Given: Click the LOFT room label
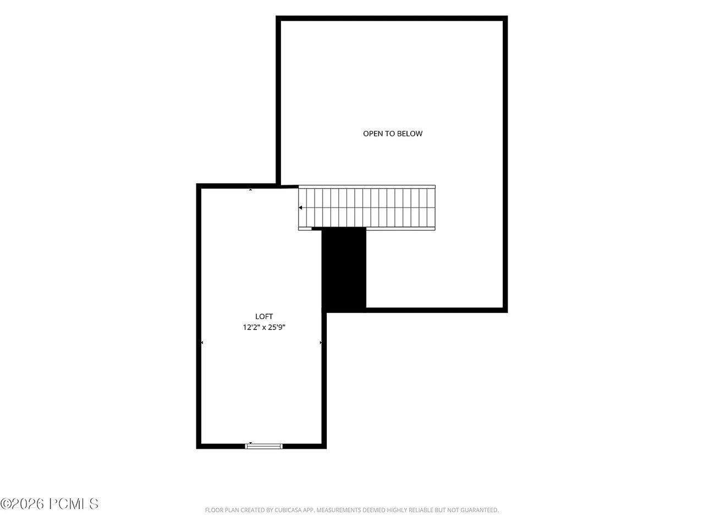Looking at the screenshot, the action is coord(263,316).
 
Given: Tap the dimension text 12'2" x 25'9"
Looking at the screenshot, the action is coord(264,327).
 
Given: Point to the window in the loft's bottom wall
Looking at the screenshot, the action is coord(263,446).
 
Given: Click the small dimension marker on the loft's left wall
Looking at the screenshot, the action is coord(202,343).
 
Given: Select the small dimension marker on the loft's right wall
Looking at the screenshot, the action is coord(321,343).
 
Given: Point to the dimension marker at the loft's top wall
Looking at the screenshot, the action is coord(250,190).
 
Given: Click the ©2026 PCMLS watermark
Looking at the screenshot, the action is coord(50,503).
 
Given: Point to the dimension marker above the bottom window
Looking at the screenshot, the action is coord(250,443).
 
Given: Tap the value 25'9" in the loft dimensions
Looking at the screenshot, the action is coord(277,327).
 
